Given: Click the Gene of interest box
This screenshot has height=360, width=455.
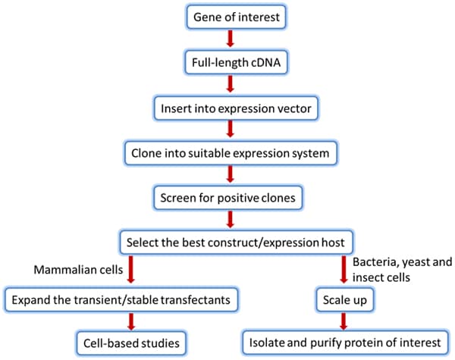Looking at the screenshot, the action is (x=236, y=17).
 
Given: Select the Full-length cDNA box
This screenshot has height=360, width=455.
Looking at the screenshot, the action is (x=236, y=62).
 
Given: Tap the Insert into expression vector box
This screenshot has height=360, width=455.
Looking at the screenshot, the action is (x=236, y=108).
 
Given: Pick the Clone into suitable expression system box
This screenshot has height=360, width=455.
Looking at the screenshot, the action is (x=231, y=153).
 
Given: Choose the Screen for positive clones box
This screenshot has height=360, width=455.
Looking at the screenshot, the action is (x=227, y=198).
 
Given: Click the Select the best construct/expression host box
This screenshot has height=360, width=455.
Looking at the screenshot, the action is (x=237, y=243).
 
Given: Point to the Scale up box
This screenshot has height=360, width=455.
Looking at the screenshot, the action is (x=345, y=299).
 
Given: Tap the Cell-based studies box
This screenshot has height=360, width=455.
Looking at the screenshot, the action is (x=131, y=343).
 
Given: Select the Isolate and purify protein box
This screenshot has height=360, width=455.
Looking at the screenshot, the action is (x=345, y=343).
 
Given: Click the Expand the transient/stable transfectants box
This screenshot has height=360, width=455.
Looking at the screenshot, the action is (x=121, y=299).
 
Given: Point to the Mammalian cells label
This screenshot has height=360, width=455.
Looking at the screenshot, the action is (x=78, y=270).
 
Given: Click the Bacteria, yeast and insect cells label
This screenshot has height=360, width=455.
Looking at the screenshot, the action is (x=402, y=270).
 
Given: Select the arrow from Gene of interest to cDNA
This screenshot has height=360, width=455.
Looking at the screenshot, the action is (x=230, y=39).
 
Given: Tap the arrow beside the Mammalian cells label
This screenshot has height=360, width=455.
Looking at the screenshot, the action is (x=131, y=270).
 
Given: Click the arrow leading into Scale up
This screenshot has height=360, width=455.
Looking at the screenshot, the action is (x=344, y=270).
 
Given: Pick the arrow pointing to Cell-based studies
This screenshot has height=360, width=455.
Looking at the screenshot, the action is (x=131, y=321).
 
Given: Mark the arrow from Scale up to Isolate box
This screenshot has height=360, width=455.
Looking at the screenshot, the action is (x=344, y=321).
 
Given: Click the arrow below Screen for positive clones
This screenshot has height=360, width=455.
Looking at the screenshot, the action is (x=230, y=220).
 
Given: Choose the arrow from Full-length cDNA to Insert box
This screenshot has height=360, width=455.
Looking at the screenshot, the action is (x=230, y=84).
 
